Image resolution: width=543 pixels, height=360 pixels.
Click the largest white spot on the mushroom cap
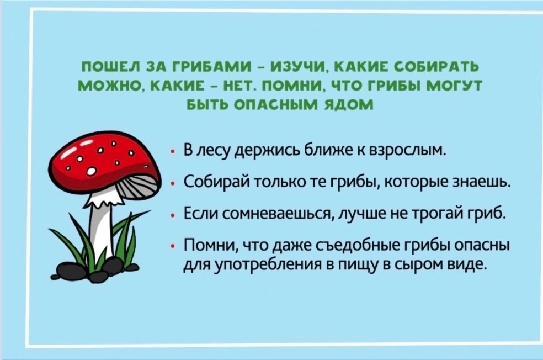tap(92, 171)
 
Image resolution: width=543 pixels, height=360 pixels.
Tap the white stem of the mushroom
tap(101, 229)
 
